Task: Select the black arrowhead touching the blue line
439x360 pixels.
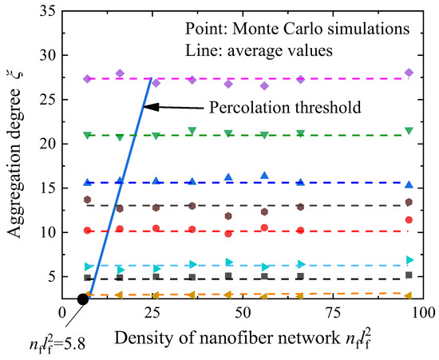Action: click(x=157, y=107)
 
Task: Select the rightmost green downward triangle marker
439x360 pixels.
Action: click(x=409, y=131)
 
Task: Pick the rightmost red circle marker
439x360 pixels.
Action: click(x=409, y=220)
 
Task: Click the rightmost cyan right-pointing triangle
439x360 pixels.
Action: click(x=409, y=260)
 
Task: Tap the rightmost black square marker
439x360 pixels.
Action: click(x=409, y=275)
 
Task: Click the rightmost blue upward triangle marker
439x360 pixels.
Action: click(x=409, y=184)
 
